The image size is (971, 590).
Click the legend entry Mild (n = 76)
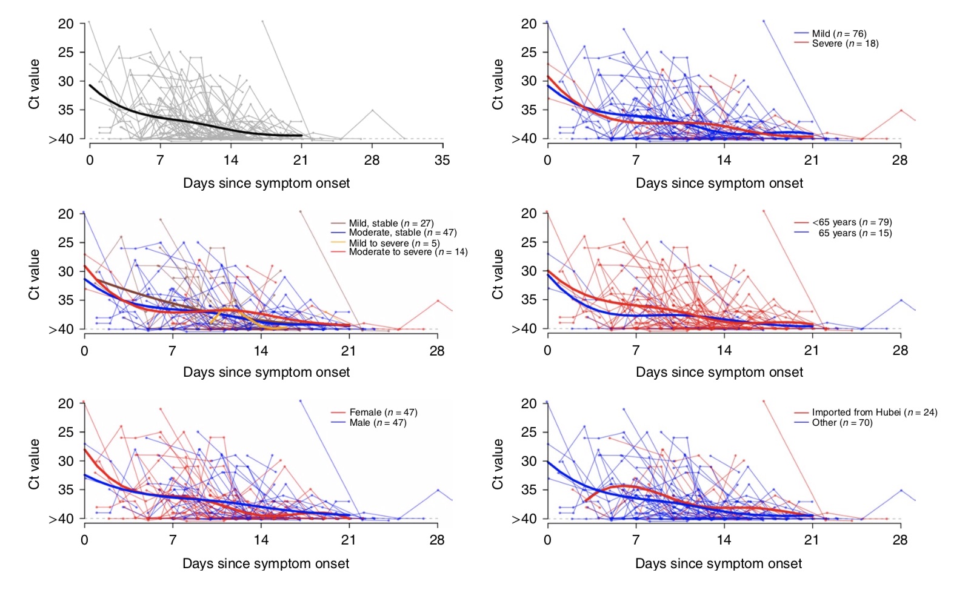point(839,34)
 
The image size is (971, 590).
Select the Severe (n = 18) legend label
point(845,44)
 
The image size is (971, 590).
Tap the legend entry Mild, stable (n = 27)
point(391,224)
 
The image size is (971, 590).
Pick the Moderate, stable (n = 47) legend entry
point(402,233)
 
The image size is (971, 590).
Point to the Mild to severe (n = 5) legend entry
point(394,243)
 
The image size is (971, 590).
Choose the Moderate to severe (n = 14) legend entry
point(408,252)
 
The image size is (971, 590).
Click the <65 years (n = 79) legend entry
point(852,222)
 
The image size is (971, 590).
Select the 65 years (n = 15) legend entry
point(855,233)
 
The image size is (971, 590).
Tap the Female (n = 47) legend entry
point(383,413)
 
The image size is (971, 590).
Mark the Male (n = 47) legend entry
point(378,423)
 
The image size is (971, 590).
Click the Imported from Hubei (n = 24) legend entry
point(874,413)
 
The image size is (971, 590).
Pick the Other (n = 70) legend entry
point(842,423)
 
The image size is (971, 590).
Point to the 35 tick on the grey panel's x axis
point(442,161)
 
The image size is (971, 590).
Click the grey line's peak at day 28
point(372,110)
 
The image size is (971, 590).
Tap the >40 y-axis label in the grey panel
point(61,139)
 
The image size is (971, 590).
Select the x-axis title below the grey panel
point(267,184)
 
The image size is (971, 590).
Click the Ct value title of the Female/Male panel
point(34,464)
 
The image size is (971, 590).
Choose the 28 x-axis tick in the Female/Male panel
point(437,540)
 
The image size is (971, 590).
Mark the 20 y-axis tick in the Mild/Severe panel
point(529,24)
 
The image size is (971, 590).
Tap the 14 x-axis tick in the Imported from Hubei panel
point(724,540)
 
